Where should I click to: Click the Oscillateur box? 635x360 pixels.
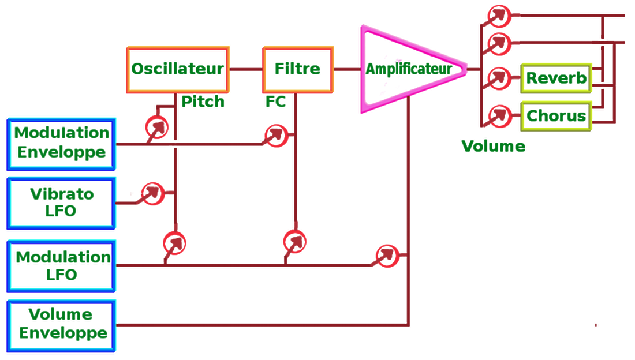[178, 69]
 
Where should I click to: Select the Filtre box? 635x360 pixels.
[298, 69]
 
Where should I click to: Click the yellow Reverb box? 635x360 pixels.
[556, 78]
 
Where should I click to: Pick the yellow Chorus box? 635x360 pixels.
[556, 116]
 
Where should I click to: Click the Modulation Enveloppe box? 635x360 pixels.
[62, 143]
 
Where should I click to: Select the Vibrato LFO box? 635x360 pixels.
[62, 201]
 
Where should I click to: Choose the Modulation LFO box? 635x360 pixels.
[62, 265]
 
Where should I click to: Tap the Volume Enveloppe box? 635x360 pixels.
[62, 325]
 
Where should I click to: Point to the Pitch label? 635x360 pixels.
[203, 103]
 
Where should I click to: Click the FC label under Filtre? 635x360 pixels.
[275, 103]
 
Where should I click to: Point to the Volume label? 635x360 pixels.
[493, 147]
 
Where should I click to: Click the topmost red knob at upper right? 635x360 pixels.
[499, 16]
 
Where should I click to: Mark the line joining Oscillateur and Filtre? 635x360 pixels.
[246, 69]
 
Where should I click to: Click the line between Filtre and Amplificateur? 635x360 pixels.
[346, 69]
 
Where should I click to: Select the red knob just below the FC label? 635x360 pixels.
[277, 135]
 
